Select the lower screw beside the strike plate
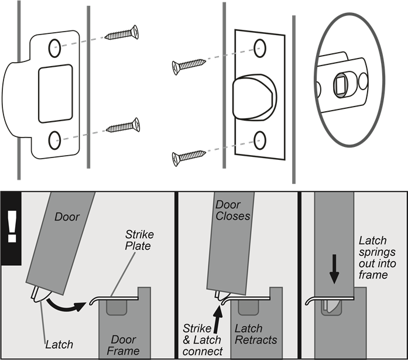pyautogui.click(x=122, y=126)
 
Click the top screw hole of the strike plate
pyautogui.click(x=54, y=49)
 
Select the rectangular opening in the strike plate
pyautogui.click(x=55, y=94)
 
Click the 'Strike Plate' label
pyautogui.click(x=139, y=241)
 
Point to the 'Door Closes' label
pyautogui.click(x=232, y=210)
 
